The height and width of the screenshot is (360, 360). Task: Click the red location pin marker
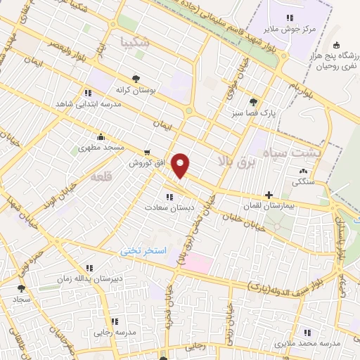pyautogui.click(x=181, y=166)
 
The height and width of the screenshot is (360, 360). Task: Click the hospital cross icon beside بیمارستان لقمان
pyautogui.click(x=269, y=195)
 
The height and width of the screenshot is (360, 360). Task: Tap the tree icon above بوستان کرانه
pyautogui.click(x=136, y=79)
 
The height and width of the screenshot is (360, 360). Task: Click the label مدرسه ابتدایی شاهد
pyautogui.click(x=84, y=104)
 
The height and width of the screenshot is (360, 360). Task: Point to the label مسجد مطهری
pyautogui.click(x=103, y=148)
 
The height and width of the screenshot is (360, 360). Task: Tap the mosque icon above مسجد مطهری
pyautogui.click(x=103, y=136)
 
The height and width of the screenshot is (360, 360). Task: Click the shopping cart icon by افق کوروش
pyautogui.click(x=146, y=151)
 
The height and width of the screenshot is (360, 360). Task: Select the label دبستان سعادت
pyautogui.click(x=165, y=207)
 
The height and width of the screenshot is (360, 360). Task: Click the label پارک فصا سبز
pyautogui.click(x=243, y=112)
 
